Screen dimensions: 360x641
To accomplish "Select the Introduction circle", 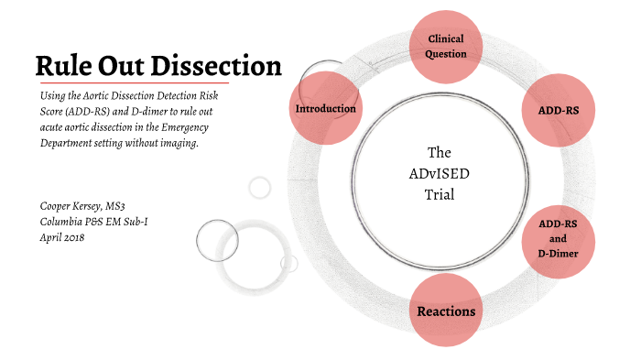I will [x=325, y=109].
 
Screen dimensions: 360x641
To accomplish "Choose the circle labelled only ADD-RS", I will [x=559, y=110].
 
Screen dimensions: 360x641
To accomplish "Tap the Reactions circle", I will [x=446, y=311].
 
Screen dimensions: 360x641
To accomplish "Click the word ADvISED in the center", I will [x=440, y=173].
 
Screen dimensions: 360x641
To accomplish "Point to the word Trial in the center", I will [x=440, y=194].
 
